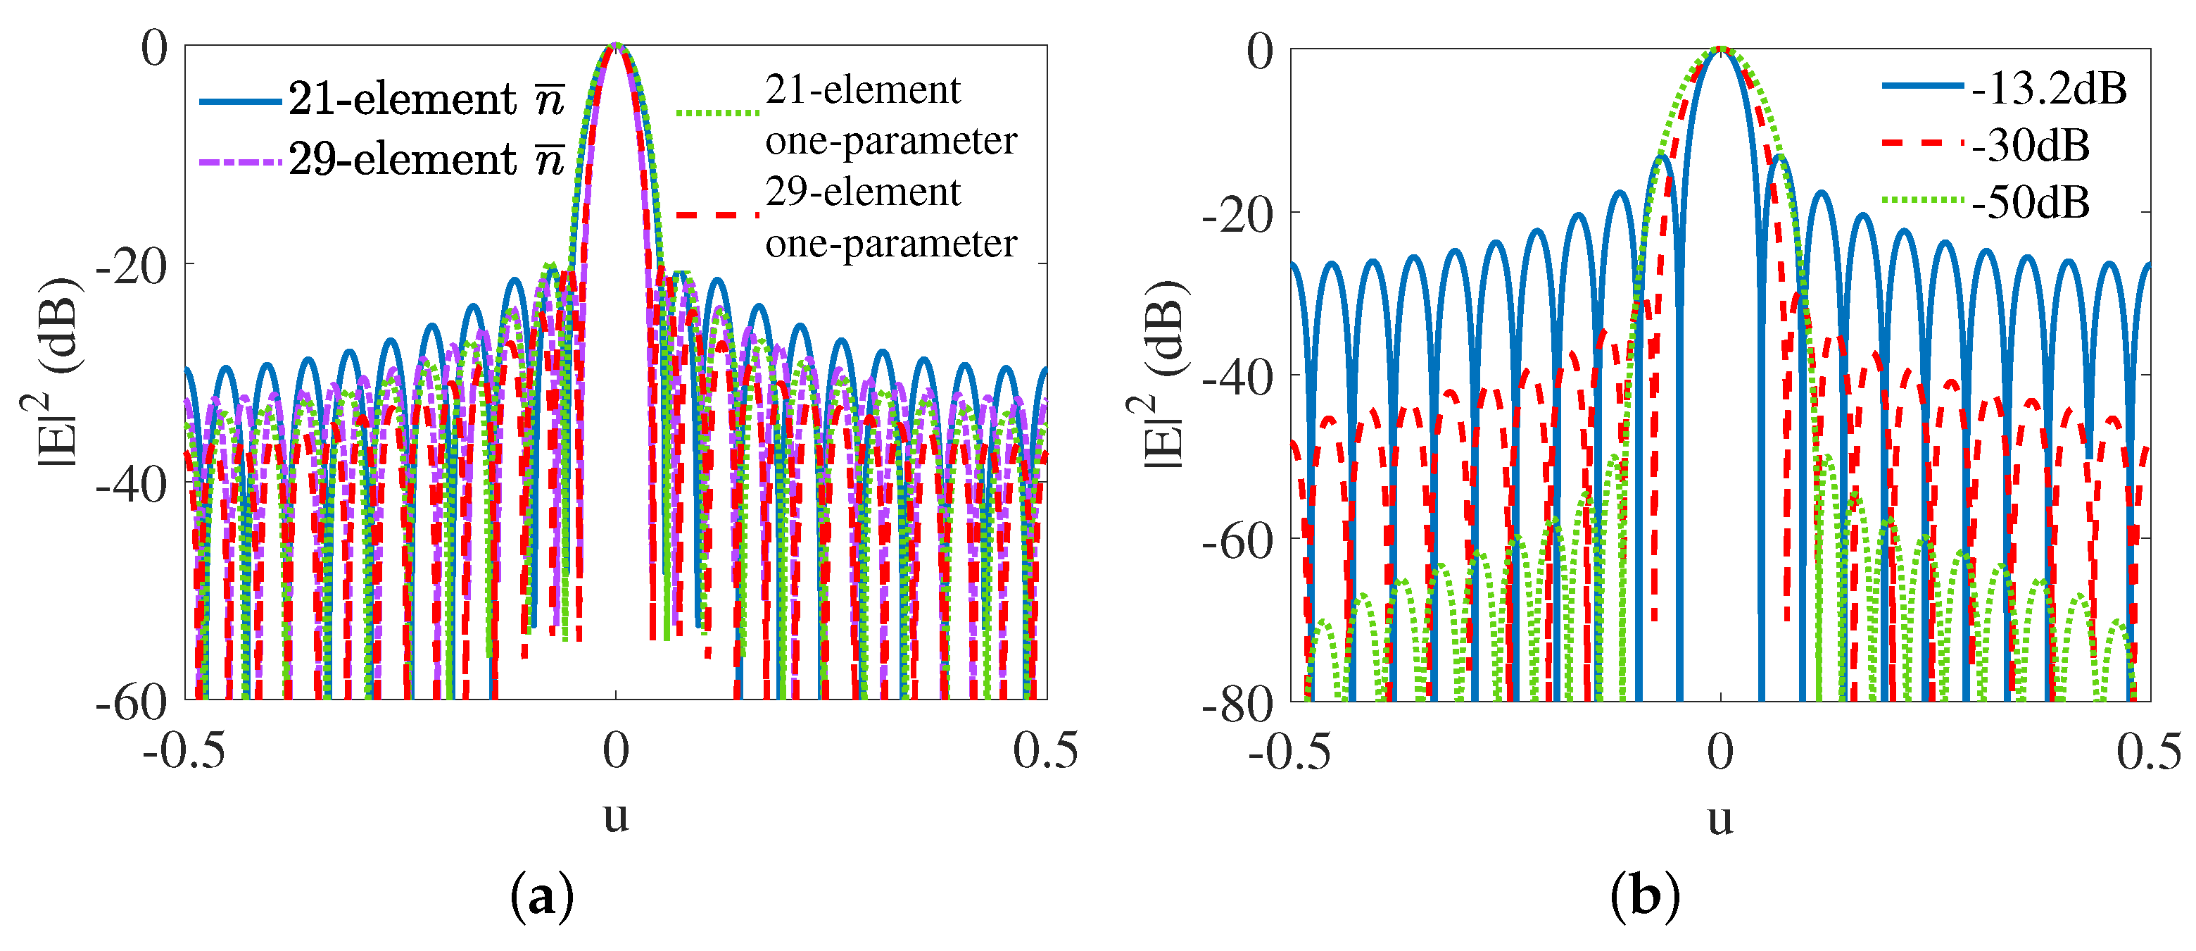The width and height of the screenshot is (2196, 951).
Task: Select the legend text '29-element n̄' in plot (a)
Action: pyautogui.click(x=425, y=159)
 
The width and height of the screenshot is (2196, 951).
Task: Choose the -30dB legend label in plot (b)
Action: pyautogui.click(x=2031, y=146)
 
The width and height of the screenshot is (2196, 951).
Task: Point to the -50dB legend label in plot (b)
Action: pyautogui.click(x=2031, y=203)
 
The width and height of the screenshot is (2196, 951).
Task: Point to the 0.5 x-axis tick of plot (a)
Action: pyautogui.click(x=1045, y=750)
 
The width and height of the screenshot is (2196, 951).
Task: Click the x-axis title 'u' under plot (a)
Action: pyautogui.click(x=615, y=816)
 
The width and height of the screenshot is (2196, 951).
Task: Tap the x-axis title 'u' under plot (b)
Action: pyautogui.click(x=1720, y=819)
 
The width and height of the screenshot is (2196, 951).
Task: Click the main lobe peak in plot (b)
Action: pyautogui.click(x=1720, y=49)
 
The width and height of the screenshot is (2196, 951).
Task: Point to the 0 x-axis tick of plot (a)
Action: pyautogui.click(x=615, y=750)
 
